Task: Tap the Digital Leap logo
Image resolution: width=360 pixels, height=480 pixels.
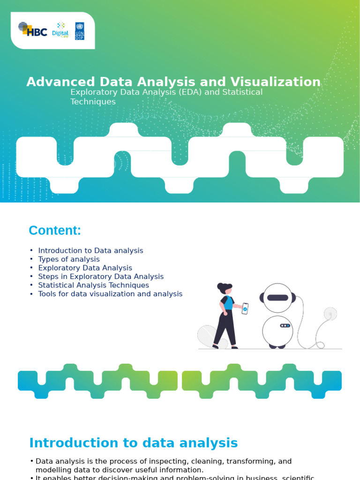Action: click(60, 30)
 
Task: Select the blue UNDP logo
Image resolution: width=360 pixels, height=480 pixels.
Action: click(80, 31)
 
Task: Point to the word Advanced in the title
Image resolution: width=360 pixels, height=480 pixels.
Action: click(54, 82)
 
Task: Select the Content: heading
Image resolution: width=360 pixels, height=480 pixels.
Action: click(55, 231)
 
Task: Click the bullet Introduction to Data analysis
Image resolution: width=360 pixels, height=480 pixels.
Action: click(90, 251)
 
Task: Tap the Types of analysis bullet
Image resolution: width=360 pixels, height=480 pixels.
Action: click(69, 259)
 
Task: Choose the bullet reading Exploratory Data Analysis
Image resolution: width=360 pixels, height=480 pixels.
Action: click(85, 268)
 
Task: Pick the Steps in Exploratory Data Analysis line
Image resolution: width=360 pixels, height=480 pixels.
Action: click(101, 277)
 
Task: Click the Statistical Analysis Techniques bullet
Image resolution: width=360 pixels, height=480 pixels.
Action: click(93, 285)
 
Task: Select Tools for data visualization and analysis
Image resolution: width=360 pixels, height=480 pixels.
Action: click(110, 294)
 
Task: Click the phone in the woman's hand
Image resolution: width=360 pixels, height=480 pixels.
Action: click(245, 308)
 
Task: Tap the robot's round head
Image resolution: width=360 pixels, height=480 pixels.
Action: click(277, 298)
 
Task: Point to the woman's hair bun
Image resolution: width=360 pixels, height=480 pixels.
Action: click(220, 286)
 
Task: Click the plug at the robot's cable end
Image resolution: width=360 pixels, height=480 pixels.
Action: click(330, 313)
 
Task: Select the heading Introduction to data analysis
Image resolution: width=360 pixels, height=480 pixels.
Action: click(134, 443)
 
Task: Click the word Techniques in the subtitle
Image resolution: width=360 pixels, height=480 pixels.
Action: click(93, 102)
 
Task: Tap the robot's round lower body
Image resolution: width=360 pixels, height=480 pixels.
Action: click(277, 330)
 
